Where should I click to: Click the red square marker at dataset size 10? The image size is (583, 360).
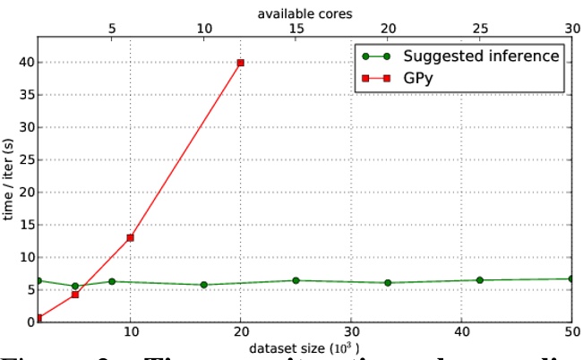tap(131, 237)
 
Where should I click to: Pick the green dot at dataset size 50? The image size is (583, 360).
tap(570, 279)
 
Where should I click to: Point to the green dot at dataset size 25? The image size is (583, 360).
tap(296, 280)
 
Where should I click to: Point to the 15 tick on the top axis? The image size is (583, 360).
tap(296, 29)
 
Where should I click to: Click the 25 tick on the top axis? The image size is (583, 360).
tap(479, 29)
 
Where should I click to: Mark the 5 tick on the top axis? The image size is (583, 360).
tap(112, 29)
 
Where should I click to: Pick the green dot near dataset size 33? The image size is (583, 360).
tap(387, 283)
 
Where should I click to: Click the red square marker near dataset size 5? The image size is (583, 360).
tap(75, 295)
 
